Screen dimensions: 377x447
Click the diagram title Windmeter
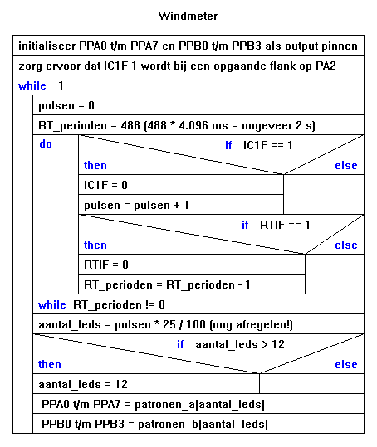coord(188,16)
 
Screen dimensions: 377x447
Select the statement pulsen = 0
coord(66,106)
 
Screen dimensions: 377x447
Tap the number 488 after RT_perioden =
coord(130,125)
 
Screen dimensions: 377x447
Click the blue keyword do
coord(46,144)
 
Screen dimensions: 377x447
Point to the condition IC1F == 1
coord(267,145)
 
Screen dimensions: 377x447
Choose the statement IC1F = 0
coord(105,185)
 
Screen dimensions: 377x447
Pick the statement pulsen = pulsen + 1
coord(136,206)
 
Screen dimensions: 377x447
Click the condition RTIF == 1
coord(285,226)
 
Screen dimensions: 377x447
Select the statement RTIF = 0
coord(106,265)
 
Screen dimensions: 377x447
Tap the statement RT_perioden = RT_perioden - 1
coord(167,284)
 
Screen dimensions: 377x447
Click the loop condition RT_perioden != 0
coord(119,304)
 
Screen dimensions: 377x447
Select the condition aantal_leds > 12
coord(240,345)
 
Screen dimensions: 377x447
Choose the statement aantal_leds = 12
coord(83,384)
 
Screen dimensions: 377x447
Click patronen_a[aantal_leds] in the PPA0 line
coord(199,404)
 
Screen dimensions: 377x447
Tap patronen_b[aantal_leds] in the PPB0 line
coord(203,425)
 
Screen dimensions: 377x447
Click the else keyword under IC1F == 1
coord(346,165)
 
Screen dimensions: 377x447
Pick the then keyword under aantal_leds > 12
coord(50,364)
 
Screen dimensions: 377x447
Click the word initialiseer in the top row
coord(47,46)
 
